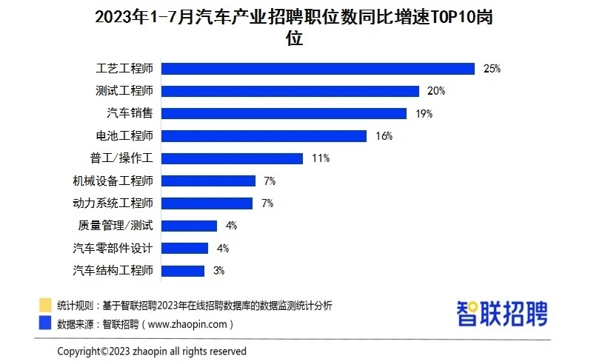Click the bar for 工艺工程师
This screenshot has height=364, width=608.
click(x=318, y=69)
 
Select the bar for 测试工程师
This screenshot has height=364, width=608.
click(x=290, y=91)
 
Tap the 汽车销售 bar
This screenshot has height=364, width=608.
click(x=284, y=113)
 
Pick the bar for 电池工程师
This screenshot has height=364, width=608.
click(x=264, y=136)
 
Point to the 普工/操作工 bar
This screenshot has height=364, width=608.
click(x=232, y=158)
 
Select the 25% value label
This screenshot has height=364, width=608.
click(x=492, y=69)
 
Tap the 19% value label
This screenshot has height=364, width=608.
click(x=424, y=114)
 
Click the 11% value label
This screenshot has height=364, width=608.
click(x=320, y=158)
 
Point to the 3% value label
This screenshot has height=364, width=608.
click(x=218, y=271)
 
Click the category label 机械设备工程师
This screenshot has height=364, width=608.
click(x=113, y=181)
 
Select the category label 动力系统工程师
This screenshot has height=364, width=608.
click(x=113, y=203)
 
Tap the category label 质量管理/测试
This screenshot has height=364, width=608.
click(x=116, y=226)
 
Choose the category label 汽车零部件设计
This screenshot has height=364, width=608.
click(x=113, y=248)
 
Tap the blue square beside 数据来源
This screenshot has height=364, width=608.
click(x=45, y=323)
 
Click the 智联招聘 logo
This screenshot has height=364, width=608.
click(x=501, y=313)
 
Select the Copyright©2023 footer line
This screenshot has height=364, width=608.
click(x=152, y=351)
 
